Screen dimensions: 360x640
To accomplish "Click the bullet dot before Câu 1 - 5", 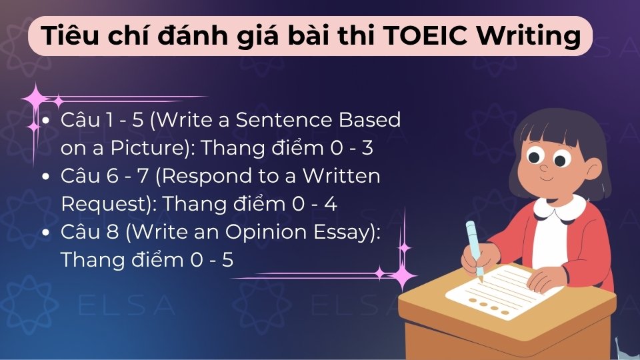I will [x=45, y=121].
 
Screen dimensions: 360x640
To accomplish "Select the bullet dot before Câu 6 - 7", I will [x=45, y=177].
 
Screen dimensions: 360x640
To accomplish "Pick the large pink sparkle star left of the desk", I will [x=402, y=274].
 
